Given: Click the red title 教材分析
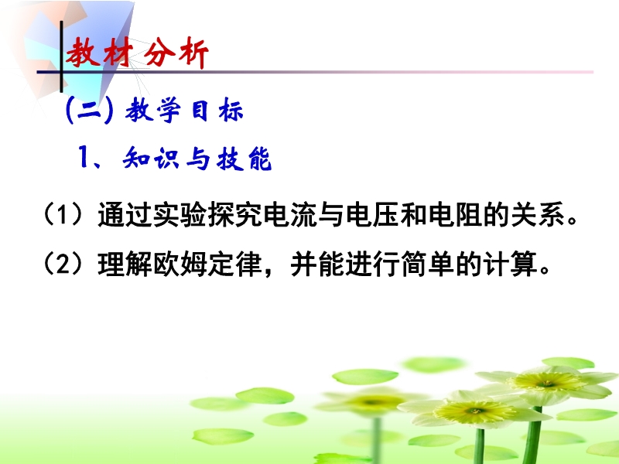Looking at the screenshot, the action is click(x=137, y=53).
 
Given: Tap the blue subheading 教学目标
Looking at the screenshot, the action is click(x=184, y=110).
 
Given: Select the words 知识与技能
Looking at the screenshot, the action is click(x=197, y=159).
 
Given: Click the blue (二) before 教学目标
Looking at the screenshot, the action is click(x=89, y=111).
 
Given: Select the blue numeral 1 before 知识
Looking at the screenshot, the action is click(x=84, y=157).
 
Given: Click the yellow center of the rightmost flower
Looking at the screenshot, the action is click(x=548, y=381).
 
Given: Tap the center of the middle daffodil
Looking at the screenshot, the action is click(x=475, y=411).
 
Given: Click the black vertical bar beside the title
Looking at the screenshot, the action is click(x=61, y=56).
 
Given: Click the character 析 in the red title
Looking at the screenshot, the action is click(x=194, y=53).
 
